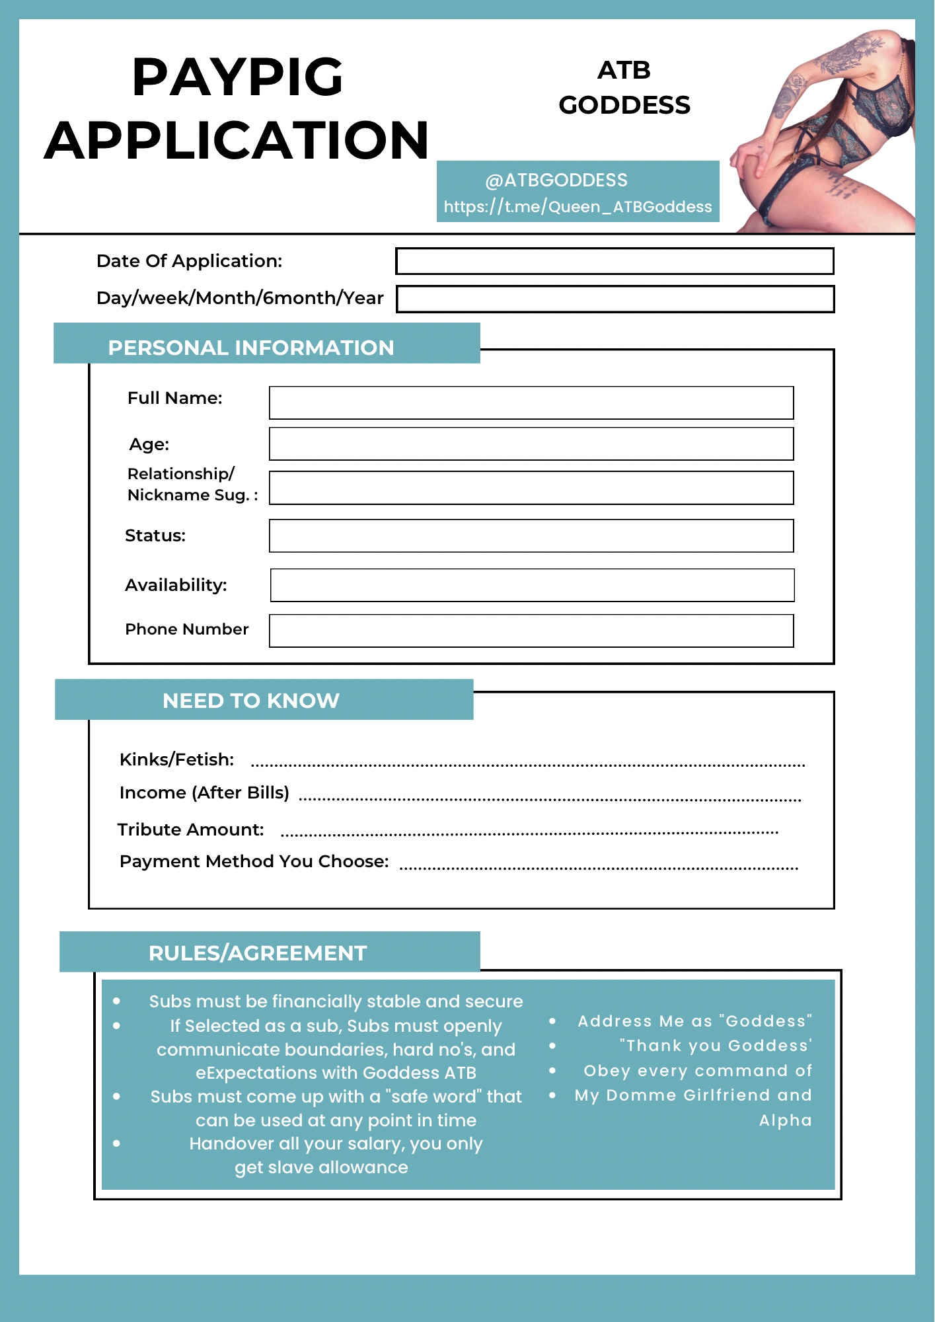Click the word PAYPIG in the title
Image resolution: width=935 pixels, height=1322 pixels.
point(237,77)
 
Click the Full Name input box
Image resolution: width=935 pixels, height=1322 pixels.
point(531,403)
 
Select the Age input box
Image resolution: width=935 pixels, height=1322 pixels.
point(531,444)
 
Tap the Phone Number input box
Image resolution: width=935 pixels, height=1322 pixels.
point(531,631)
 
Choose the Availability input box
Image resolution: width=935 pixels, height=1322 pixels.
point(532,585)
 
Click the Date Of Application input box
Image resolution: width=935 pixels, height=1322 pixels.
point(615,261)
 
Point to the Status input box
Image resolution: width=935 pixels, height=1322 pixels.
point(531,535)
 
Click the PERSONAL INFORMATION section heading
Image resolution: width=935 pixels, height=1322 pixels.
point(251,348)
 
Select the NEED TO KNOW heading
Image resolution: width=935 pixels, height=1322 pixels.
point(251,701)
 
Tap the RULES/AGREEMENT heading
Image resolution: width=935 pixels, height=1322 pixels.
point(258,953)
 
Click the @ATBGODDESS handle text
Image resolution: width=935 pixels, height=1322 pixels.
point(556,180)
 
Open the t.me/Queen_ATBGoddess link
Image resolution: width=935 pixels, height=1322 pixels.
point(578,207)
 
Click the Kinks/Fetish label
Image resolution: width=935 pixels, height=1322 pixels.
point(176,759)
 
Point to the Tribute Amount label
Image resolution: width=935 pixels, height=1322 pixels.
point(190,830)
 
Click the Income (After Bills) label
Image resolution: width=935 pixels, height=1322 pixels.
point(204,793)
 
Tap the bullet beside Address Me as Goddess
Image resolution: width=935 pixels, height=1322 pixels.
point(552,1021)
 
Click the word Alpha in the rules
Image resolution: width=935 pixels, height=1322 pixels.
point(785,1120)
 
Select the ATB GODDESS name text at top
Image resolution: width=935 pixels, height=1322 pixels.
point(624,88)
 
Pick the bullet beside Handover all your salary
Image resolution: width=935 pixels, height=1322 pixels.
point(117,1144)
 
